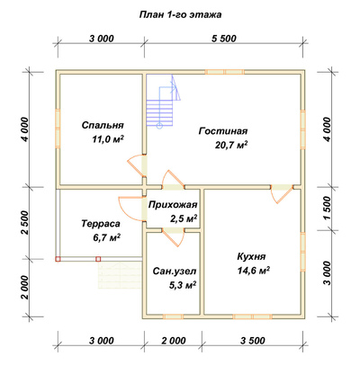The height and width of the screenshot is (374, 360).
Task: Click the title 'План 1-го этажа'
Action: [x=180, y=14]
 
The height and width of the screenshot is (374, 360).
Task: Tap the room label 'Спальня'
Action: [x=103, y=125]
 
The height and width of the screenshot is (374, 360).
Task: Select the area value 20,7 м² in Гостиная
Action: [x=231, y=145]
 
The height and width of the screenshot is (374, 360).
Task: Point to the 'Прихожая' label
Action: [x=173, y=205]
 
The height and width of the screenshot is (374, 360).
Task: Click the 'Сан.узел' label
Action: [x=175, y=272]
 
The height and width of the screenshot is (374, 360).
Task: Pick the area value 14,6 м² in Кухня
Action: [x=254, y=271]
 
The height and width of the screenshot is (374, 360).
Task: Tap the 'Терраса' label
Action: [x=101, y=224]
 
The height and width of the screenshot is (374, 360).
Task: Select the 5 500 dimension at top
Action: [x=224, y=39]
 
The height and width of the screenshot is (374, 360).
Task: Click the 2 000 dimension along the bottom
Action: [x=173, y=341]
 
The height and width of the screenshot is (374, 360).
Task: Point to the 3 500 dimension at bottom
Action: [x=253, y=341]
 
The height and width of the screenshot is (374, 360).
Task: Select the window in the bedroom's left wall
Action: [x=58, y=129]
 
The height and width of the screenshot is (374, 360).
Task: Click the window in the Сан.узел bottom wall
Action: [x=173, y=316]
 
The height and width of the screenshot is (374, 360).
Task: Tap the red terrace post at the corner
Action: [x=58, y=259]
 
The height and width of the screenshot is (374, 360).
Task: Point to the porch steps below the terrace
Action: [x=120, y=275]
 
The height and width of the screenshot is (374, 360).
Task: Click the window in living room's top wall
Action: [x=224, y=72]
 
